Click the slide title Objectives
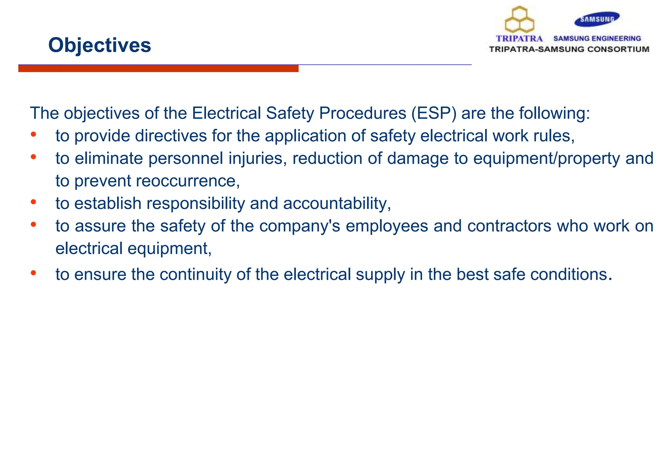[100, 45]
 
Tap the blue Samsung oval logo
[597, 19]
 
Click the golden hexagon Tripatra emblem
[519, 20]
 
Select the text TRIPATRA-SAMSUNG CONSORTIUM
[569, 49]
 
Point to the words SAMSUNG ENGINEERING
[597, 39]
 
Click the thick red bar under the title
[158, 69]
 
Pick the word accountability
[336, 204]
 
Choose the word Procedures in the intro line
[363, 113]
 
